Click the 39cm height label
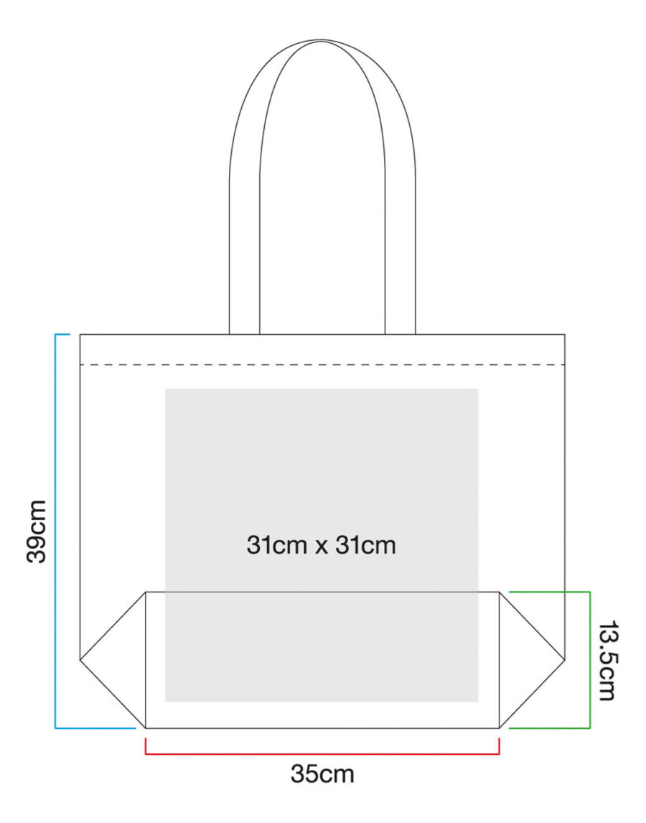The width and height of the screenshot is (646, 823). [37, 531]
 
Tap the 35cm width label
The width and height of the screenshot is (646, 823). [322, 773]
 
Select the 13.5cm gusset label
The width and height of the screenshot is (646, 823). [608, 660]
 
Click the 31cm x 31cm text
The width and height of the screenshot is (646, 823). [321, 545]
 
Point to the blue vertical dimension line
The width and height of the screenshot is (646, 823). [55, 531]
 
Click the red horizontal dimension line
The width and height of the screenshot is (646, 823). [322, 754]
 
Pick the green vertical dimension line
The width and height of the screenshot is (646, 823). [590, 660]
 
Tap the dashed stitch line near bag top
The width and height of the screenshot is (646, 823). [322, 364]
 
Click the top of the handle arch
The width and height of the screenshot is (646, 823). [322, 40]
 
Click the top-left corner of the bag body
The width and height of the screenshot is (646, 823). [80, 335]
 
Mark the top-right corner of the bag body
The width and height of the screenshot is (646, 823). [565, 335]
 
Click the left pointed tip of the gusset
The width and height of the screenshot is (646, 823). [80, 659]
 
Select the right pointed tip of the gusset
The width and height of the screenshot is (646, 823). [565, 659]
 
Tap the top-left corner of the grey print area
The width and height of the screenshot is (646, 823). [165, 389]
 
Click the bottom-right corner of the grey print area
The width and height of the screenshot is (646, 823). [478, 702]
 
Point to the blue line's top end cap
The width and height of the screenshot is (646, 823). [62, 335]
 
